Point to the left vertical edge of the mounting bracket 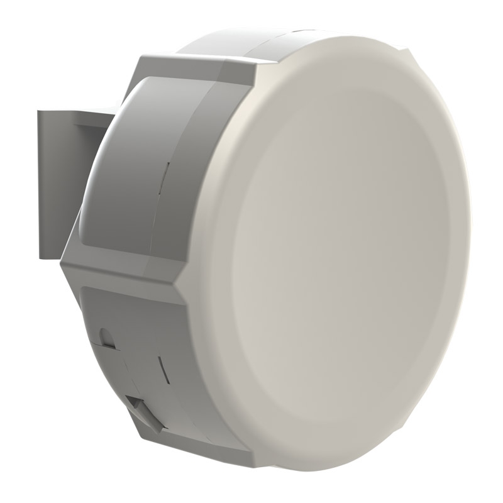click(39, 182)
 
